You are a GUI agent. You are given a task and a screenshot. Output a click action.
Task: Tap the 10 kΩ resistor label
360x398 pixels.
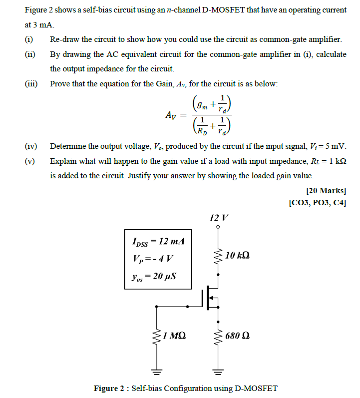(x=238, y=256)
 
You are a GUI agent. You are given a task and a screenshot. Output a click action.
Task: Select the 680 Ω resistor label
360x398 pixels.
(x=237, y=335)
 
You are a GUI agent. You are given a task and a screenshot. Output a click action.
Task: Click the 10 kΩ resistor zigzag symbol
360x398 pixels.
(x=218, y=256)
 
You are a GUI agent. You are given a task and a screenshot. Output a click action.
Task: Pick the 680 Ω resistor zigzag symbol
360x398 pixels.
(x=218, y=336)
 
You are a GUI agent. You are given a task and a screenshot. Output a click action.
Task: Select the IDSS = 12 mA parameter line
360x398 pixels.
(x=158, y=241)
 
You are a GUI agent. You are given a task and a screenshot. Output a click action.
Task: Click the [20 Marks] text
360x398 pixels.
(x=326, y=191)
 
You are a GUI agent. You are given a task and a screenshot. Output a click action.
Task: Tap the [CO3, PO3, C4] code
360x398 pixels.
(x=318, y=202)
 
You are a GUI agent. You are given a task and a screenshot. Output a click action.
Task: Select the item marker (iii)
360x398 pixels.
(x=32, y=83)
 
